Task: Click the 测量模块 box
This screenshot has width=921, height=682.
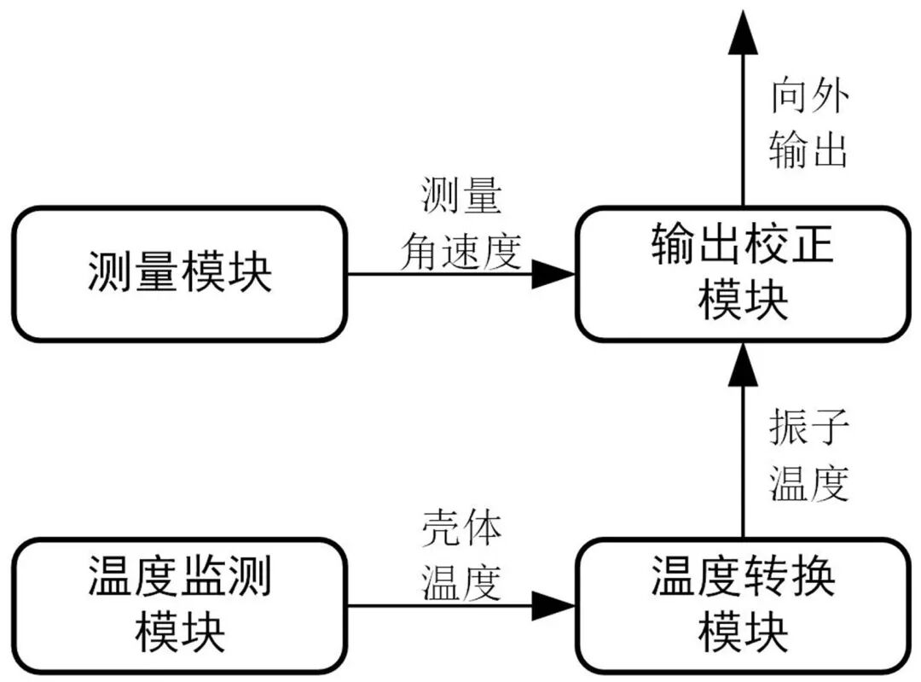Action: (x=179, y=274)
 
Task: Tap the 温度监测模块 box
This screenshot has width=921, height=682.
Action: (x=179, y=605)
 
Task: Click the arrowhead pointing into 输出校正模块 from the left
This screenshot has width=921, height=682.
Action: (x=554, y=274)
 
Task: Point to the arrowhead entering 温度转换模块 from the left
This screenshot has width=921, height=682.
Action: (x=554, y=606)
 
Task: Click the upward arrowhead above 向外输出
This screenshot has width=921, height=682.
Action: (x=743, y=34)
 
